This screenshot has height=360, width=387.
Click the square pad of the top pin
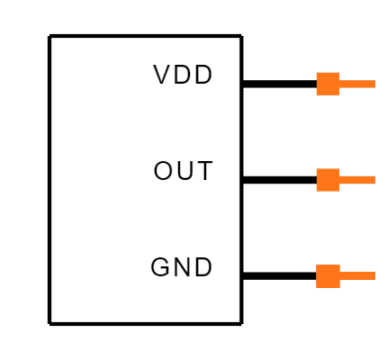pyautogui.click(x=328, y=84)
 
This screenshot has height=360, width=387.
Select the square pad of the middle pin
pyautogui.click(x=328, y=180)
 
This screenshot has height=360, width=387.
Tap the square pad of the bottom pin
pyautogui.click(x=328, y=276)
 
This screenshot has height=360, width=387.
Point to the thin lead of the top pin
pyautogui.click(x=357, y=84)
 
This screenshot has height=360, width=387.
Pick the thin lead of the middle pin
pyautogui.click(x=357, y=180)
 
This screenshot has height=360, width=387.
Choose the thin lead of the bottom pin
pyautogui.click(x=357, y=276)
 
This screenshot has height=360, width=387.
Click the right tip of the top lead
pyautogui.click(x=374, y=84)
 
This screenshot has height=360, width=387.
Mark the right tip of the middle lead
pyautogui.click(x=374, y=180)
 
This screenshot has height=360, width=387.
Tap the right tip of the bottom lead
pyautogui.click(x=374, y=276)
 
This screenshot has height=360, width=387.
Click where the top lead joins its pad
pyautogui.click(x=340, y=84)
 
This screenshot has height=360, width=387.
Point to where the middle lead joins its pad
pyautogui.click(x=340, y=180)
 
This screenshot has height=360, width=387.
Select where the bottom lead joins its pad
pyautogui.click(x=340, y=276)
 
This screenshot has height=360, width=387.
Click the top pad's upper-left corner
pyautogui.click(x=317, y=73)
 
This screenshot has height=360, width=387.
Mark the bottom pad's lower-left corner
pyautogui.click(x=317, y=287)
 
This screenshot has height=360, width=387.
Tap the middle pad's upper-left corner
pyautogui.click(x=317, y=169)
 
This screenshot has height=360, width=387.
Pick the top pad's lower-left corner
pyautogui.click(x=317, y=94)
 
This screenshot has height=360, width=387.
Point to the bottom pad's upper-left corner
pyautogui.click(x=317, y=265)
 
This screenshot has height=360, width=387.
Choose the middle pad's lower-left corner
pyautogui.click(x=317, y=191)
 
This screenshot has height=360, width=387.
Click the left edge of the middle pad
pyautogui.click(x=317, y=180)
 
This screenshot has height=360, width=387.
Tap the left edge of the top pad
pyautogui.click(x=317, y=84)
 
